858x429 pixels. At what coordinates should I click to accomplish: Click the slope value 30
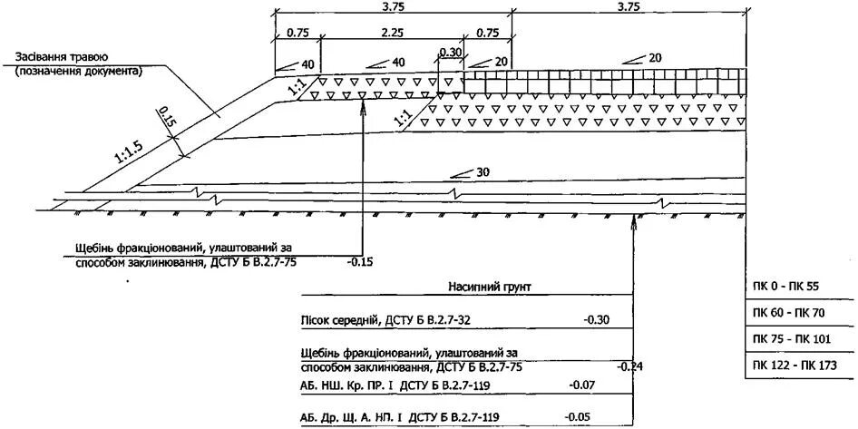[x=481, y=172]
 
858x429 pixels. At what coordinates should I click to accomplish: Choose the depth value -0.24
[x=629, y=367]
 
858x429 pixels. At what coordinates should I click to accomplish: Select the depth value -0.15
[x=360, y=262]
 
